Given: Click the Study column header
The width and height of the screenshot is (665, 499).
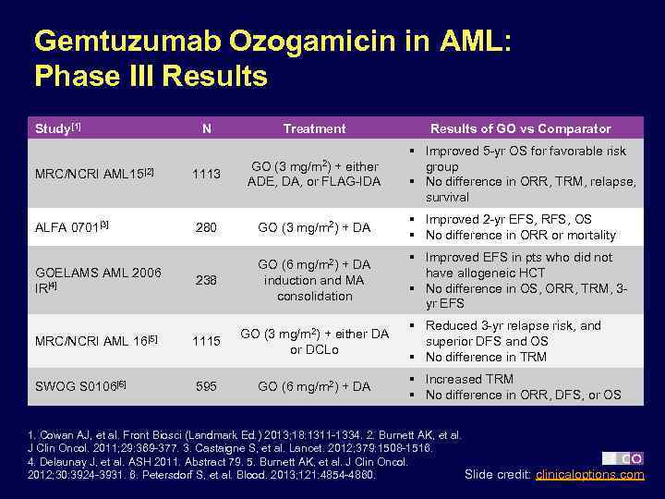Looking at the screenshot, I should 57,128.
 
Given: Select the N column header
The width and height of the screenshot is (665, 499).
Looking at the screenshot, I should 206,128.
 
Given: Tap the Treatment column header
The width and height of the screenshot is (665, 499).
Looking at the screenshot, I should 314,128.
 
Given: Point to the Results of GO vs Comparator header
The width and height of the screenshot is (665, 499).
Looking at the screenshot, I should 520,128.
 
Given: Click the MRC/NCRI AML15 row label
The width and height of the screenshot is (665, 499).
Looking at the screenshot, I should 92,174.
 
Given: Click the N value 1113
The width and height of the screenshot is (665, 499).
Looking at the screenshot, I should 206,174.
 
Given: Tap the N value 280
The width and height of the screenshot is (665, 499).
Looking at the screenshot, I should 206,227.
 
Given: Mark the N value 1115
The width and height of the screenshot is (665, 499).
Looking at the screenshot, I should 206,341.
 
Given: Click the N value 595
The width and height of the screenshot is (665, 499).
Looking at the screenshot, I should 206,386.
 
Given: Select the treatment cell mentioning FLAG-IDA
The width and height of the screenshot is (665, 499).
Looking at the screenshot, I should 314,173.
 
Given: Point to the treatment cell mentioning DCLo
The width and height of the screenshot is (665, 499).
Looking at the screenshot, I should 314,341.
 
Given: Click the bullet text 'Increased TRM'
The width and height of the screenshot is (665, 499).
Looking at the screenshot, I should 468,379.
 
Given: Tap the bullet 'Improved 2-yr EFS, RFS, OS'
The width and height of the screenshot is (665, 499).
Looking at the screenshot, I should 508,219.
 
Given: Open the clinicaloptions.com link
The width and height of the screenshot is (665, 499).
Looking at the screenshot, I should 590,475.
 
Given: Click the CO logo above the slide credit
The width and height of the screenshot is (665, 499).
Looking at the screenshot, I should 623,458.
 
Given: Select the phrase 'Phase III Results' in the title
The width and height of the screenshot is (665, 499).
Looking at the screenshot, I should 151,76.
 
